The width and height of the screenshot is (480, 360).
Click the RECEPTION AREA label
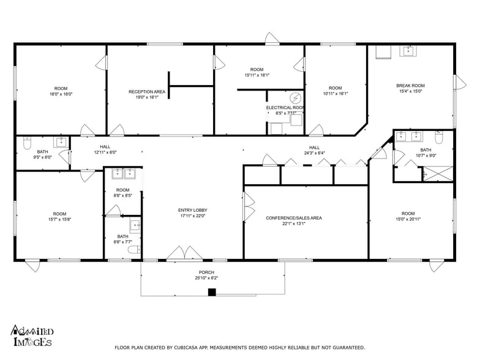(147, 92)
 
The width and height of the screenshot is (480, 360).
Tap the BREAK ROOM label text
(410, 86)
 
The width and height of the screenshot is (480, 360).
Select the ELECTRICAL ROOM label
(285, 108)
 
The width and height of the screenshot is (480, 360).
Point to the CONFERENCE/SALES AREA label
(294, 218)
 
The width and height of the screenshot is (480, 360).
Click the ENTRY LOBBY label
(191, 209)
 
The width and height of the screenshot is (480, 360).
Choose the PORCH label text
(206, 272)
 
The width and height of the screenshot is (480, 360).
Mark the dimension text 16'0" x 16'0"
(61, 94)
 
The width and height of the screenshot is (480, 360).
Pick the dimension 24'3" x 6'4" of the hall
(314, 153)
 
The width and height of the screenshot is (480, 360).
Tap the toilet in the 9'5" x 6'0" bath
(26, 143)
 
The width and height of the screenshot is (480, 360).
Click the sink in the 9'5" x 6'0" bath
(61, 143)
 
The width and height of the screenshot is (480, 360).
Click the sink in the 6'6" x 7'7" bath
(135, 225)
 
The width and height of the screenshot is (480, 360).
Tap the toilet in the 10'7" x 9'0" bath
(438, 133)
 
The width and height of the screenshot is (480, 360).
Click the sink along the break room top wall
(408, 51)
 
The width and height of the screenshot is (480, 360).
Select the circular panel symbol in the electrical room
(295, 98)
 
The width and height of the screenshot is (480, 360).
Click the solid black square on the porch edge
(212, 292)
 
